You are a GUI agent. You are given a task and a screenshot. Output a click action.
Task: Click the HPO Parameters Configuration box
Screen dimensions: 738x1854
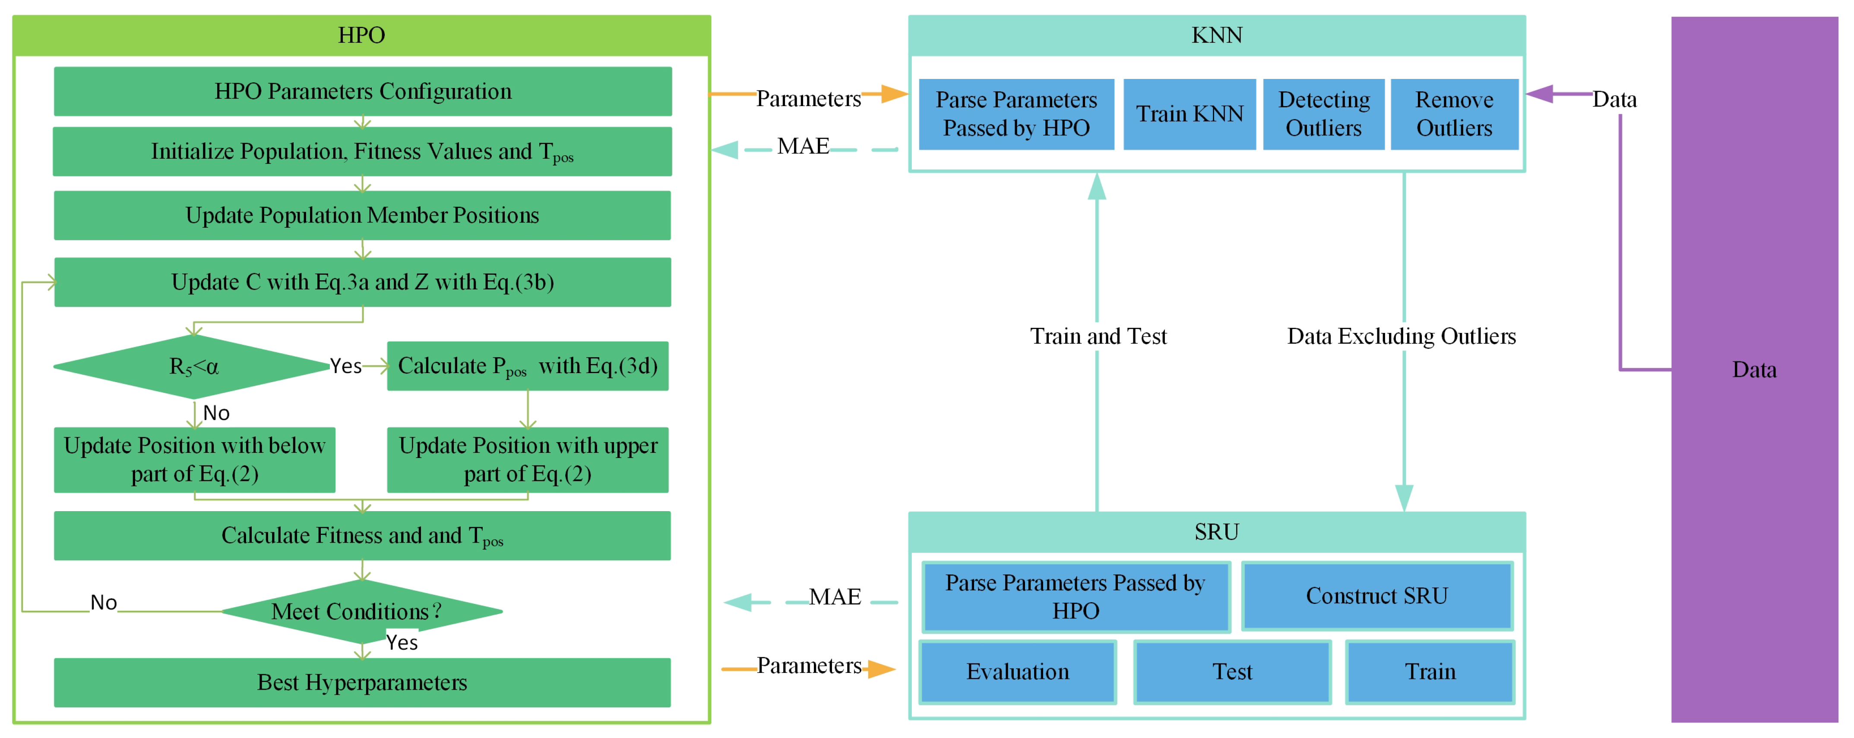pyautogui.click(x=363, y=91)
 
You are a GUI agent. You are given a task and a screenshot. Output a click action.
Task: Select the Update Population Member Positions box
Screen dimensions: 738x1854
pyautogui.click(x=362, y=215)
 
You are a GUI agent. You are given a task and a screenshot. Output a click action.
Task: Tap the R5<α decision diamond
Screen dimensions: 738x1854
pyautogui.click(x=193, y=367)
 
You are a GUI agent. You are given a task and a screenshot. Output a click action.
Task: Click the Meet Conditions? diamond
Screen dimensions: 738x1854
pyautogui.click(x=361, y=611)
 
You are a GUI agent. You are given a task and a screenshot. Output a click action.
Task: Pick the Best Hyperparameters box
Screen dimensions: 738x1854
pyautogui.click(x=362, y=682)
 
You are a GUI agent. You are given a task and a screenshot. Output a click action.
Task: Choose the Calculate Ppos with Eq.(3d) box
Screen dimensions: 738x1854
pyautogui.click(x=528, y=366)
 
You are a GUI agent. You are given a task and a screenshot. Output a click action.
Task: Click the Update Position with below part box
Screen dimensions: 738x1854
pyautogui.click(x=194, y=460)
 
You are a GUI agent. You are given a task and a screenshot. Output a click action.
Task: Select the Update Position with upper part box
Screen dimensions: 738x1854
pyautogui.click(x=528, y=460)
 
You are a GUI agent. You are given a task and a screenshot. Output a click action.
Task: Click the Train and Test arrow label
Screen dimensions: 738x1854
pyautogui.click(x=1098, y=336)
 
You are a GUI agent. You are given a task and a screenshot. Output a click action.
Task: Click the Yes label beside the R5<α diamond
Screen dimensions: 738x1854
pyautogui.click(x=345, y=366)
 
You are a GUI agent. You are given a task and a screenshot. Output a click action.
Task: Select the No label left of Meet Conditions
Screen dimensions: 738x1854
pyautogui.click(x=104, y=603)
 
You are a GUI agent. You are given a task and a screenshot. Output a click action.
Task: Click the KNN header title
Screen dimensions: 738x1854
pyautogui.click(x=1216, y=35)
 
